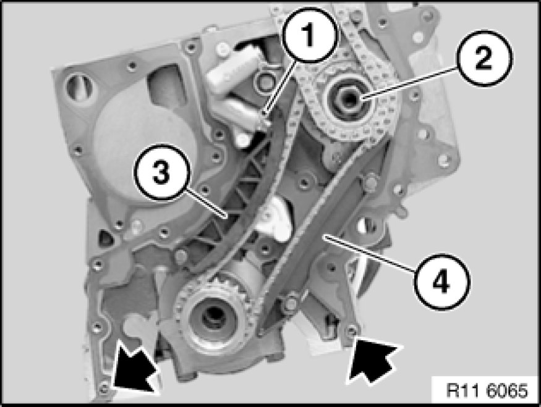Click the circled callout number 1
[x=308, y=35]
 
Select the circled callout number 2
[x=484, y=58]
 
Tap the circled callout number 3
[x=161, y=172]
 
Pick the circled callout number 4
[x=442, y=282]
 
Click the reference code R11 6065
[x=487, y=390]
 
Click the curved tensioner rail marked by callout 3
[x=238, y=193]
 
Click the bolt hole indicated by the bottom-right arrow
[x=351, y=331]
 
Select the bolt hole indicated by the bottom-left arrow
[x=103, y=388]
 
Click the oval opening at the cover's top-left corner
[x=75, y=86]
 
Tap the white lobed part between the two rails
[x=275, y=219]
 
